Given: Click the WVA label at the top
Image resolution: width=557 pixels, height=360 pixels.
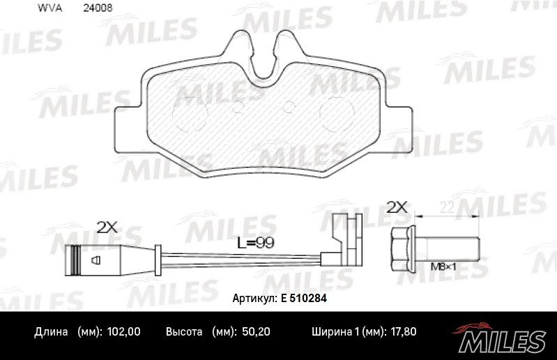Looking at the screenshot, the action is click(x=49, y=8).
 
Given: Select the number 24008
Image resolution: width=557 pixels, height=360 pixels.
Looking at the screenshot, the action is click(x=98, y=8).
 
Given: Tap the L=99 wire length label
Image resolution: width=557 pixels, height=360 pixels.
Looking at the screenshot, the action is click(x=256, y=243).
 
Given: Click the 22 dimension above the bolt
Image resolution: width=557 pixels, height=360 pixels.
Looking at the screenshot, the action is click(x=447, y=207).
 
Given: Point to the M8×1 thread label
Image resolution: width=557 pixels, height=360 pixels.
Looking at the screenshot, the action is click(x=443, y=267).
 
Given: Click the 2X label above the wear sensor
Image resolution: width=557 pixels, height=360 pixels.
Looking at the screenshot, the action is click(x=107, y=227).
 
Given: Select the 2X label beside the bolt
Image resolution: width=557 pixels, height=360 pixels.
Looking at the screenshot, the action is click(x=397, y=207).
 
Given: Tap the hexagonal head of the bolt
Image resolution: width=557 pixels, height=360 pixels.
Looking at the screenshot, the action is click(x=403, y=249).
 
